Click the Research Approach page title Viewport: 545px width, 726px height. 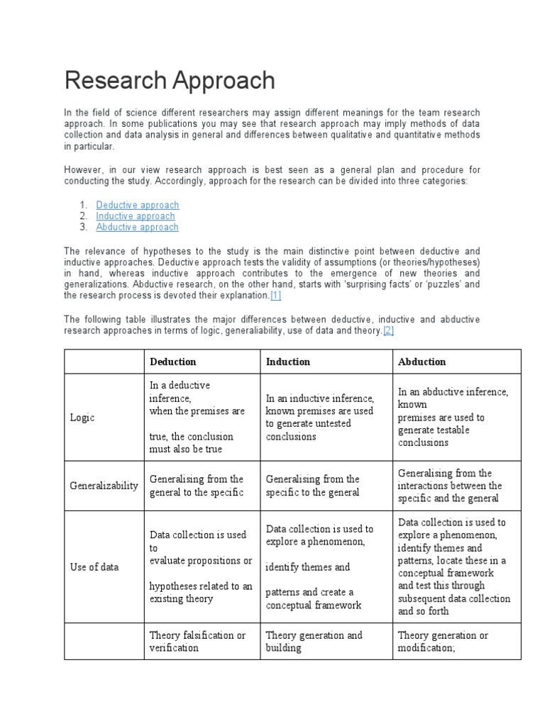point(170,81)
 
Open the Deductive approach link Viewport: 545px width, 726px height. point(138,205)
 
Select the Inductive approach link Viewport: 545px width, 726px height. point(136,216)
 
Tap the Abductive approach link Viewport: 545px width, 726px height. point(137,227)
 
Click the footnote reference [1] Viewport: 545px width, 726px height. point(275,296)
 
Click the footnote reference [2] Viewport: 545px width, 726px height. point(388,331)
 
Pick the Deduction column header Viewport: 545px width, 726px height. point(173,362)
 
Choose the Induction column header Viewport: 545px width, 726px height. point(288,362)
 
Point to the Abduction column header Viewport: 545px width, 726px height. point(422,362)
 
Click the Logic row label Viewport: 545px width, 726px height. point(82,418)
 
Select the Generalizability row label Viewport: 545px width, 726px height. point(104,486)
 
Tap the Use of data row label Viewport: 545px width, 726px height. point(94,567)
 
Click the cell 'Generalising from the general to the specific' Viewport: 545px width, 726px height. point(197,486)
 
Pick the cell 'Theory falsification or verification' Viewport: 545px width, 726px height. point(197,642)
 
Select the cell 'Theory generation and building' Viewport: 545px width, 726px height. point(314,642)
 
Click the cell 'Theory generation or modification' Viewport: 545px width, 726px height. point(443,642)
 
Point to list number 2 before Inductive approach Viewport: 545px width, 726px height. point(83,216)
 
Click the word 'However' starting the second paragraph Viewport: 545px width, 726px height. point(83,170)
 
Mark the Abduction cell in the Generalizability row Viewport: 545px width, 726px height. point(450,486)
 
